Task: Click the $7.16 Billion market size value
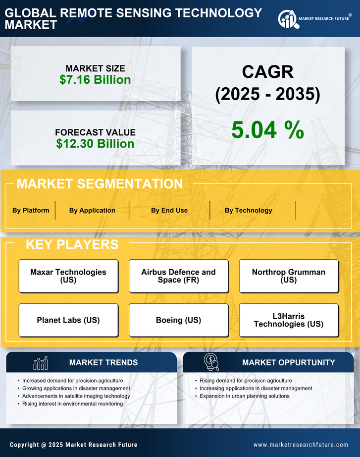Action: [95, 80]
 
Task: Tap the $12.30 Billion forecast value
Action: [95, 144]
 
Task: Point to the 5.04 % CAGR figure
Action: [267, 130]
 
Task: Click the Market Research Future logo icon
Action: [287, 19]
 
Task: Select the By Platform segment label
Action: [31, 210]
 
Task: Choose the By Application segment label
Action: [92, 210]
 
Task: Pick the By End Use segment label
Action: [169, 210]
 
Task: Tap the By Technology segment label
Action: [248, 210]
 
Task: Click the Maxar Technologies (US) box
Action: [68, 276]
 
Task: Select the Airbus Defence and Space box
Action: [178, 276]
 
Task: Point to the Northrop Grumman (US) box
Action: [289, 276]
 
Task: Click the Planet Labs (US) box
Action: [68, 320]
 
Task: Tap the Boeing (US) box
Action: [178, 320]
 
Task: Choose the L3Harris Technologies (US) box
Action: [289, 320]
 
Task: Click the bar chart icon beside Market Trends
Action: [40, 363]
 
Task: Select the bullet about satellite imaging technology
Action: [76, 396]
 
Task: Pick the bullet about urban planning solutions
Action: [245, 396]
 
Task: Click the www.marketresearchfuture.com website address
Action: [301, 445]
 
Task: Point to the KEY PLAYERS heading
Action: [72, 244]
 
